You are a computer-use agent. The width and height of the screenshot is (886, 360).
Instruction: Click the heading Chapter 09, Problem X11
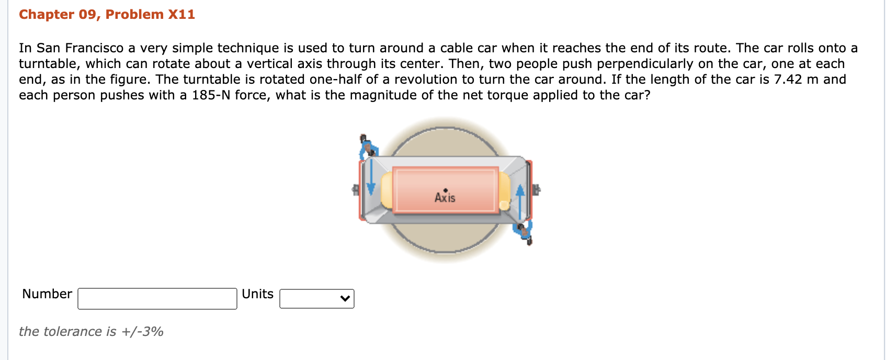pos(107,15)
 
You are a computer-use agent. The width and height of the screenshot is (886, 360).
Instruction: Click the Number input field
pos(157,299)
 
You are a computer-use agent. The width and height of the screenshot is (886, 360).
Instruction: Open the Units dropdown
pos(317,299)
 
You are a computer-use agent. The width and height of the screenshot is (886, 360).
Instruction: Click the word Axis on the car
pos(445,197)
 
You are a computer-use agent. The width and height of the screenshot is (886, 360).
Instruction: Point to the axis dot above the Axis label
pos(446,190)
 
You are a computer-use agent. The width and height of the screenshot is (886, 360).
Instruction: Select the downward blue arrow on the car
pos(371,177)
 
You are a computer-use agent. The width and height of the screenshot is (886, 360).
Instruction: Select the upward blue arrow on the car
pos(520,202)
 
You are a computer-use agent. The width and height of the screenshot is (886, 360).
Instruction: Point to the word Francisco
pos(94,48)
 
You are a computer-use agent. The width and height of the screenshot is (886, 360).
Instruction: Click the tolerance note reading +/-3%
pos(142,332)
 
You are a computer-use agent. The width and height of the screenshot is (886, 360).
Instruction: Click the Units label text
pos(257,294)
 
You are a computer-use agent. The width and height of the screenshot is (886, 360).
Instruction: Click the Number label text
pos(47,294)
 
